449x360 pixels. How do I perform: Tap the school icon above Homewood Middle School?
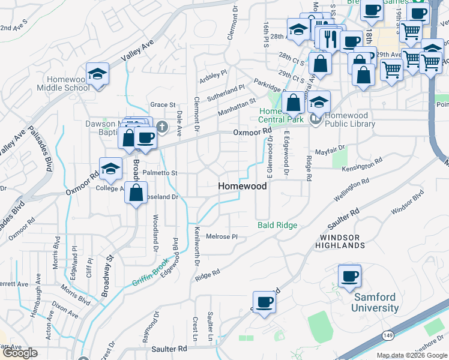coord(97,74)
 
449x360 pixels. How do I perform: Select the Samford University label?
coord(376,302)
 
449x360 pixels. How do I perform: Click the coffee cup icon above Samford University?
coord(349,276)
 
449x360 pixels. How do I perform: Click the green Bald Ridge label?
coord(277,225)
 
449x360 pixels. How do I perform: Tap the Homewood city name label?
coord(242,187)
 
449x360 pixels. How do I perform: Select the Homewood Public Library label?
coord(350,124)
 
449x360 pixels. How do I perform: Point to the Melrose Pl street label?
coord(222,236)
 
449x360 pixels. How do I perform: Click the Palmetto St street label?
coord(160,173)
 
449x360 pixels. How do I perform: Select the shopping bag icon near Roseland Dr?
coord(136,194)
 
